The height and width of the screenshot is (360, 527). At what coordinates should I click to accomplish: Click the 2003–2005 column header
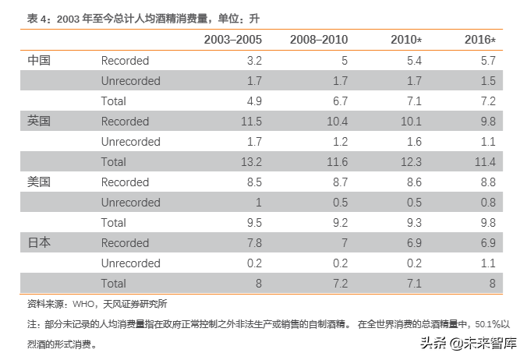pos(232,39)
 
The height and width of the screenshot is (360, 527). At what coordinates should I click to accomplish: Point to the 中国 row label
pos(39,60)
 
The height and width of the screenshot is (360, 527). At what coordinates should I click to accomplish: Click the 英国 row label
pos(39,121)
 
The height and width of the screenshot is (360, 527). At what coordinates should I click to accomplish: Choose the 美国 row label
pos(39,182)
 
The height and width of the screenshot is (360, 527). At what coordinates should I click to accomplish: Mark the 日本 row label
pos(39,242)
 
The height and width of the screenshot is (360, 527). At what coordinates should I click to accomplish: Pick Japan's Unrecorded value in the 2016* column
pos(488,263)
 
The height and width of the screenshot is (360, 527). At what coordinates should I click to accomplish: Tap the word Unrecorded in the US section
pos(130,203)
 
